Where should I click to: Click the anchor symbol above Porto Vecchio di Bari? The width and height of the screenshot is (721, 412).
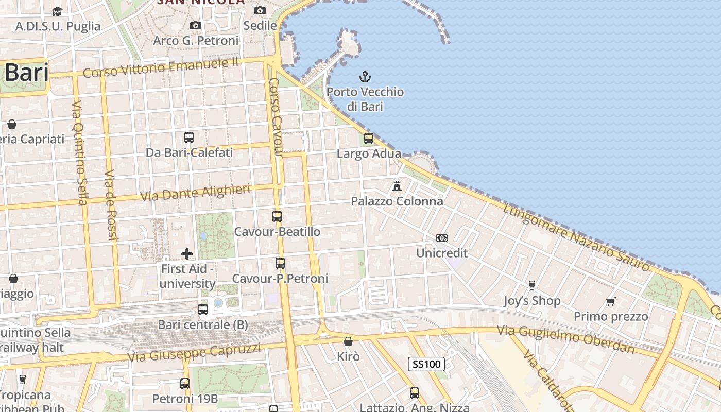tap(365, 77)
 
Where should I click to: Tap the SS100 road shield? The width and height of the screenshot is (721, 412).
tap(426, 364)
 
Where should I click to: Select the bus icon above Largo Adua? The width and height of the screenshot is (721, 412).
tap(369, 138)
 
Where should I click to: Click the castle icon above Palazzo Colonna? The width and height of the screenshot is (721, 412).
tap(397, 185)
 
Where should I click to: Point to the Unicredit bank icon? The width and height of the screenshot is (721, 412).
tap(442, 238)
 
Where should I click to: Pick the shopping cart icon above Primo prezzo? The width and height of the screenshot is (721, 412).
tap(611, 301)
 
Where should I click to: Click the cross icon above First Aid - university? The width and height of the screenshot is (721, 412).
tap(187, 253)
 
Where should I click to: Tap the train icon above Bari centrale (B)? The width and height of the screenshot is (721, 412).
tap(203, 310)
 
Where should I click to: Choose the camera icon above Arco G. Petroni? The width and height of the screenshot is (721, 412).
tap(195, 25)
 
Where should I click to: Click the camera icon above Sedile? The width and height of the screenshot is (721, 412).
tap(260, 10)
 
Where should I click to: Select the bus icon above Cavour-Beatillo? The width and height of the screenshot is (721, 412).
tap(277, 216)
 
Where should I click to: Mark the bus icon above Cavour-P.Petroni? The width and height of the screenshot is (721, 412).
tap(280, 263)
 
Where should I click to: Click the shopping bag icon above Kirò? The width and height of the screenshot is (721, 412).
tap(348, 341)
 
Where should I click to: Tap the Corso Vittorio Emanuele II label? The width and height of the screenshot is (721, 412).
tap(161, 67)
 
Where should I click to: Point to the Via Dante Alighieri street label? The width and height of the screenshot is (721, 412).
tap(195, 192)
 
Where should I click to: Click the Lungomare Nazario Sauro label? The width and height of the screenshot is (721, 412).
tap(576, 237)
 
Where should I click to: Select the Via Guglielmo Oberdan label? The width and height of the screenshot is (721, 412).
tap(565, 339)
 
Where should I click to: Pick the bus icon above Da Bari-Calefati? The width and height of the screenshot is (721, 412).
tap(189, 138)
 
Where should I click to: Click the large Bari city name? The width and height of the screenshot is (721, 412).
tap(27, 73)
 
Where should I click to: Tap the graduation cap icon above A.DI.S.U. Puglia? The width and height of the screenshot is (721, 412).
tap(57, 11)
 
